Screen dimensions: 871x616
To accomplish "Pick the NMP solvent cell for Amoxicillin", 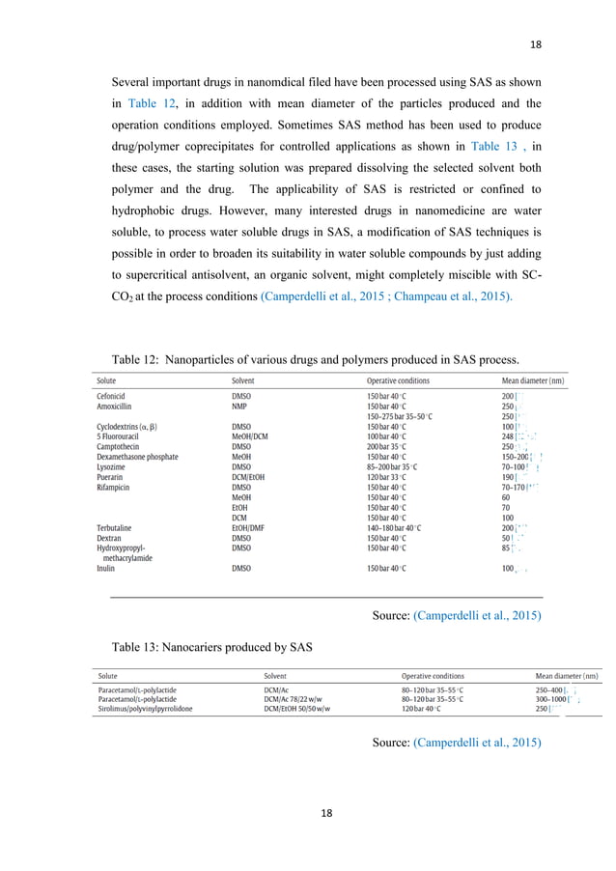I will click(241, 407).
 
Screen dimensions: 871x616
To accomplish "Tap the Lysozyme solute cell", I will click(113, 466).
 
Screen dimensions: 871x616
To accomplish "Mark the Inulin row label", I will click(105, 569).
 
